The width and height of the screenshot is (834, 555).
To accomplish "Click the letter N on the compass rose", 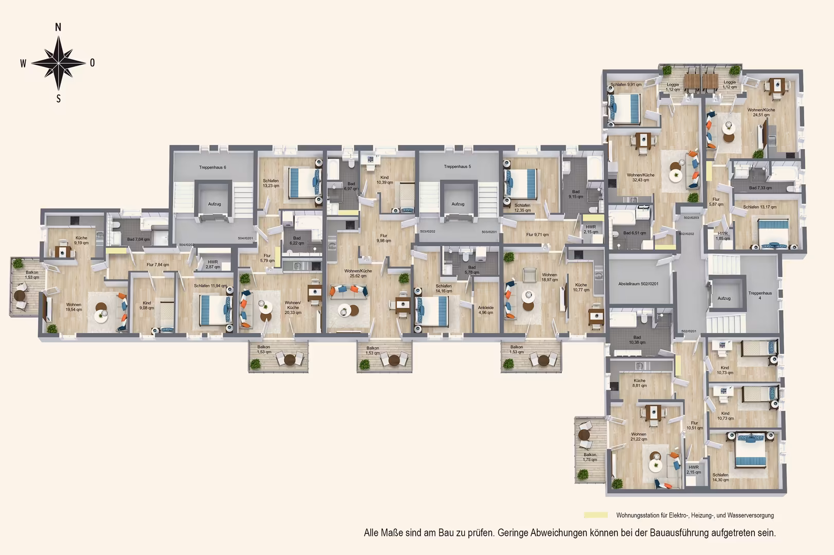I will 58,28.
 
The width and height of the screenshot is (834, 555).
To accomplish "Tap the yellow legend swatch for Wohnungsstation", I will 595,515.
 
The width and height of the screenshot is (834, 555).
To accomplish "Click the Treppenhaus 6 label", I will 212,168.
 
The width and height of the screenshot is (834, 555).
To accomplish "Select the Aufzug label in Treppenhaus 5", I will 458,204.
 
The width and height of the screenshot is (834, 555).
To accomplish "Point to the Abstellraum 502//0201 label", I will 638,284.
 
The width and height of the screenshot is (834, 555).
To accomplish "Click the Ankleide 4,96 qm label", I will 485,310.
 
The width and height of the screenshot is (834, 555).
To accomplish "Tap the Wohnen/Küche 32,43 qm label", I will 640,177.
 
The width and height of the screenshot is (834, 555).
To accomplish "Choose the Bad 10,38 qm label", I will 637,340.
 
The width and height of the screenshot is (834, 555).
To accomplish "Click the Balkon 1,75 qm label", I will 590,457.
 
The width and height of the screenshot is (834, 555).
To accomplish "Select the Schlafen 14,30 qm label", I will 720,477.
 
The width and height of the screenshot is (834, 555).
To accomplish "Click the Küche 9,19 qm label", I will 81,240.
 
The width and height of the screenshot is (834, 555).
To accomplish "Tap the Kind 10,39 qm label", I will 384,180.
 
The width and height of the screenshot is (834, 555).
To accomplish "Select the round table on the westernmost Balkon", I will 20,295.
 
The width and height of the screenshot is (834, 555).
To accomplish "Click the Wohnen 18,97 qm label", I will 549,277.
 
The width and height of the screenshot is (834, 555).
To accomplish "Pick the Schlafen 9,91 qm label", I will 626,85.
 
